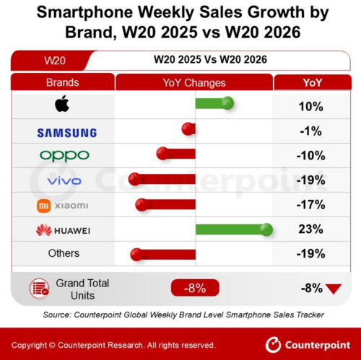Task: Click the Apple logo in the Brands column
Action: [x=62, y=103]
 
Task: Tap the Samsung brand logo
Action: [x=67, y=133]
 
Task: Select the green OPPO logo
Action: [x=64, y=157]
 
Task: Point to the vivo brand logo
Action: [x=64, y=181]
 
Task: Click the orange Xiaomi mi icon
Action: [x=43, y=206]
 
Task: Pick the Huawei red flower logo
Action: [x=44, y=230]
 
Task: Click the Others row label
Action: [x=64, y=253]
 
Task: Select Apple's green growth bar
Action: [x=214, y=103]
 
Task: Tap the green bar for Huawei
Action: [x=234, y=229]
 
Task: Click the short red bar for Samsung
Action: [x=188, y=129]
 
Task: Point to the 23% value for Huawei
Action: [x=310, y=229]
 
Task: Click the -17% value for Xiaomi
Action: [x=311, y=205]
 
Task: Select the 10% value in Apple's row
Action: [x=310, y=106]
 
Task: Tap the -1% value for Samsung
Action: [x=310, y=131]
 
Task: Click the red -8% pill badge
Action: [x=195, y=288]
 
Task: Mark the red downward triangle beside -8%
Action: [x=334, y=289]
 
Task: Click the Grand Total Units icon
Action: [x=39, y=289]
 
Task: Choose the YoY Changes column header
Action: [x=194, y=83]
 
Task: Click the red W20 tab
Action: [x=54, y=60]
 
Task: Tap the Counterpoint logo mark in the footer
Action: [x=273, y=345]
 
